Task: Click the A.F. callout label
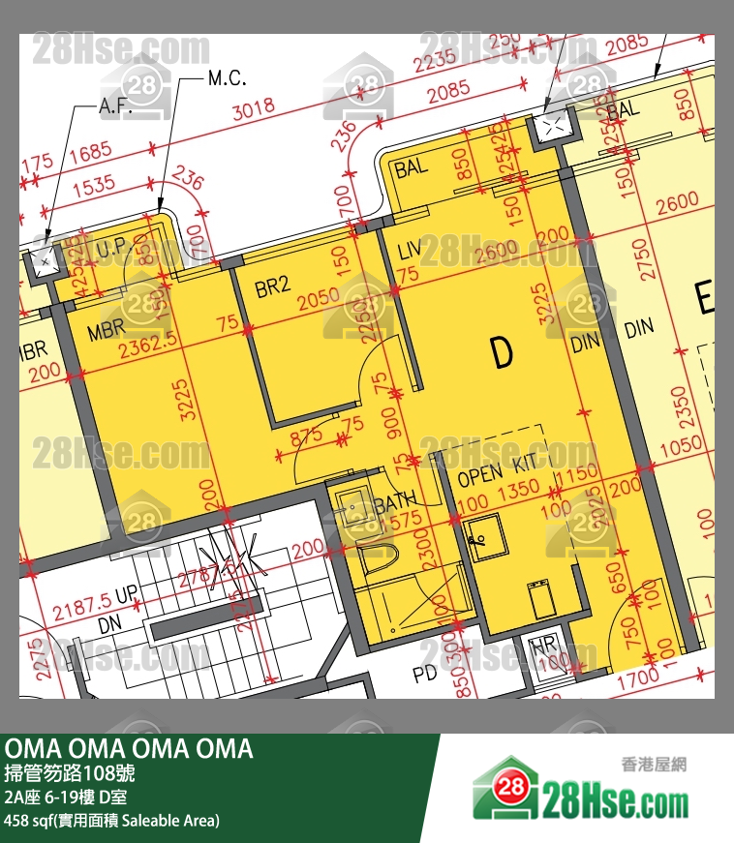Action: coord(115,108)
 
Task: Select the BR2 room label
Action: coord(273,286)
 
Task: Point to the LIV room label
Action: coord(409,252)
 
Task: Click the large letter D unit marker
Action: coord(501,354)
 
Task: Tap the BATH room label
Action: coord(394,499)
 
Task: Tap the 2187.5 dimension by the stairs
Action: coord(82,609)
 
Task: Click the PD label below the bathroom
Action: coord(425,672)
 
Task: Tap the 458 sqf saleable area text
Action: coord(111,821)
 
